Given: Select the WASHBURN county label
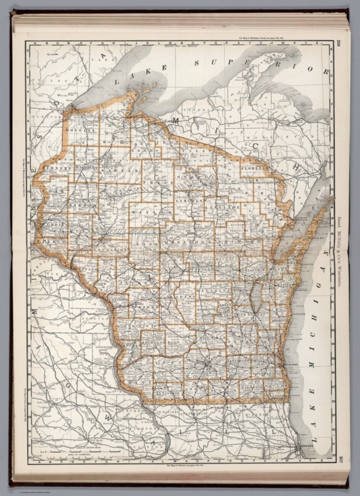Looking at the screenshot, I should point(86,168).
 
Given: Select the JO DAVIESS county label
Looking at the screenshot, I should point(166,412).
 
